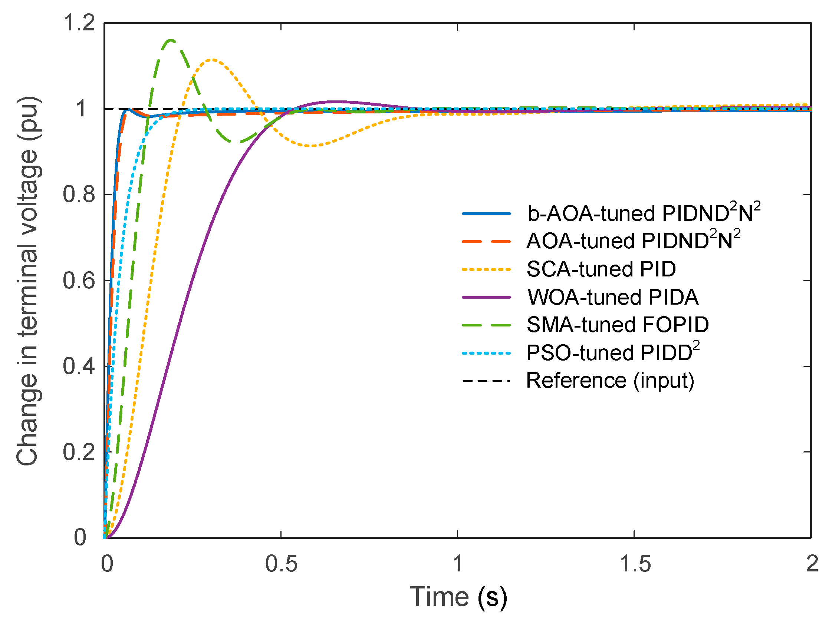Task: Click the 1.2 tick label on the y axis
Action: (x=79, y=23)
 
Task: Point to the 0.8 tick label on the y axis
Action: (x=79, y=195)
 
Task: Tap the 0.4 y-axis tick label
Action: (x=79, y=366)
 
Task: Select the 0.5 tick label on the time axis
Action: (x=281, y=564)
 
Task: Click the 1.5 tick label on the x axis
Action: (x=635, y=564)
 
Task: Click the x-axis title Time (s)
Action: (x=458, y=597)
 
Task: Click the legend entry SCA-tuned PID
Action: (x=601, y=269)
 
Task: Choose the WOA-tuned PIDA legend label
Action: (x=612, y=297)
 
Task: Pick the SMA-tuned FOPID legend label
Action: (x=618, y=325)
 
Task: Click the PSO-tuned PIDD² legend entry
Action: (x=613, y=352)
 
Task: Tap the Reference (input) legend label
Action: (x=610, y=381)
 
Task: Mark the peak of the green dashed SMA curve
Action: (x=171, y=40)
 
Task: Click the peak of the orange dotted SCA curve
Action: (x=212, y=60)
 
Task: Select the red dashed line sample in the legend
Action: (x=486, y=242)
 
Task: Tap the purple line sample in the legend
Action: (x=486, y=297)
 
